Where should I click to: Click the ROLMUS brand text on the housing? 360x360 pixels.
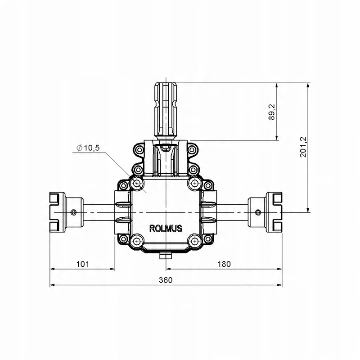point(166,229)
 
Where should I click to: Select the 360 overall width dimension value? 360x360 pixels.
point(166,280)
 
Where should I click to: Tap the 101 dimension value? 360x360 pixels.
point(82,264)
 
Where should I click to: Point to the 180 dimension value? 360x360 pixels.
point(224,264)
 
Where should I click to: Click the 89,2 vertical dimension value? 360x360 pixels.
point(272,112)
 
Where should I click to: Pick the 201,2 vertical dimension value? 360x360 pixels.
point(303,147)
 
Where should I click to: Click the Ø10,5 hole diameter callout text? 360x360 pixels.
point(88,148)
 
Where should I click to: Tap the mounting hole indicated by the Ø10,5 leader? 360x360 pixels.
point(137,184)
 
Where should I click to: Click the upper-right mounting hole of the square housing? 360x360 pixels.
point(195,184)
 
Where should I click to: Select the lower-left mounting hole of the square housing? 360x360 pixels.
point(137,241)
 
